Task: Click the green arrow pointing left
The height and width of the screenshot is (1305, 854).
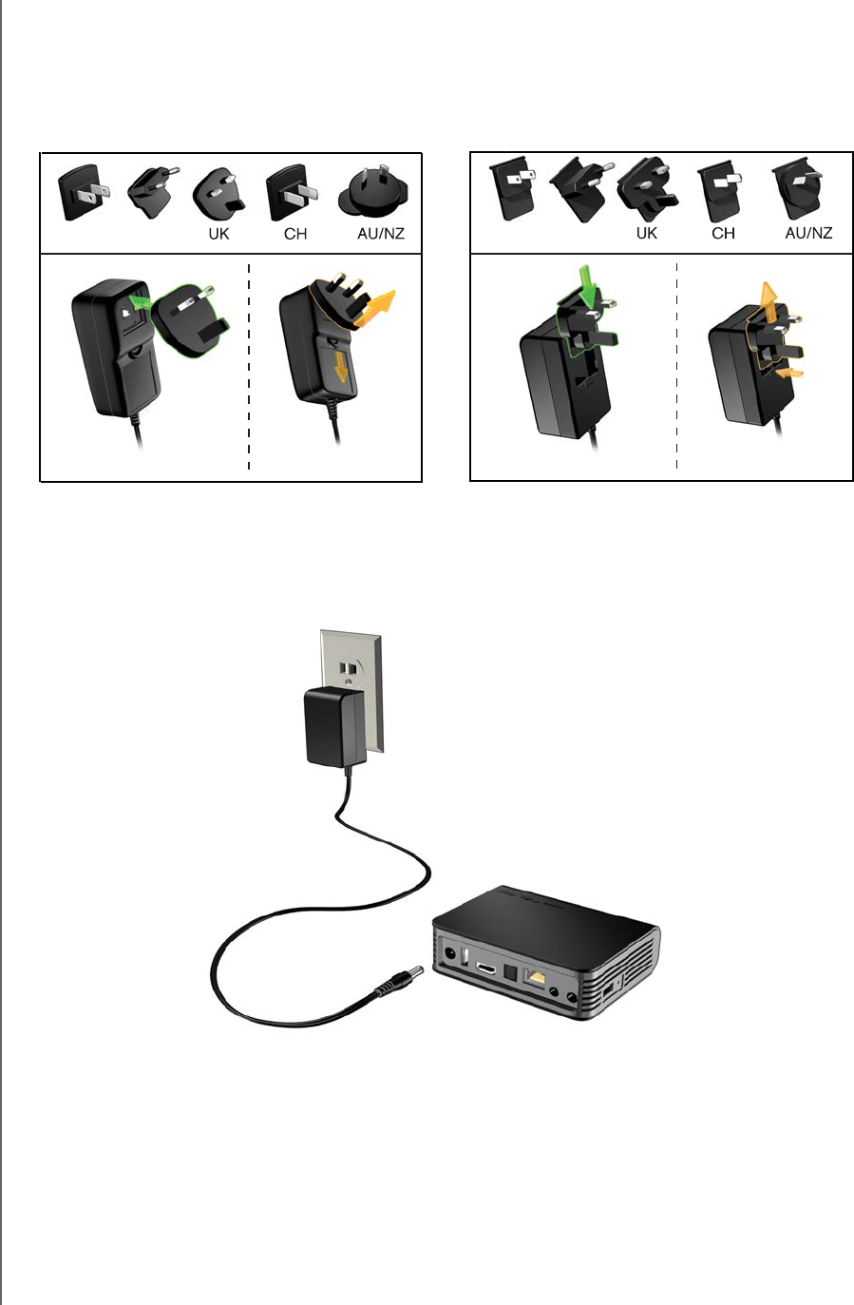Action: [141, 302]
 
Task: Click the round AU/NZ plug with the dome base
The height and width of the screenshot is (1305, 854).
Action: [374, 195]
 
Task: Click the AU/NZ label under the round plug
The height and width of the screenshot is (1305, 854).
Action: [381, 233]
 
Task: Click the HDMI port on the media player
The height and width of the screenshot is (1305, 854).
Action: [486, 969]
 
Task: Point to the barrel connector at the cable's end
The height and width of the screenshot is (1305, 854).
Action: [389, 985]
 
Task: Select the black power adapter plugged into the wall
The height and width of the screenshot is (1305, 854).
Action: [331, 728]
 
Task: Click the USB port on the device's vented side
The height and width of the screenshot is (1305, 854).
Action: [608, 991]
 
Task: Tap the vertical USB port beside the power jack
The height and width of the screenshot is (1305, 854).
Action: [465, 957]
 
